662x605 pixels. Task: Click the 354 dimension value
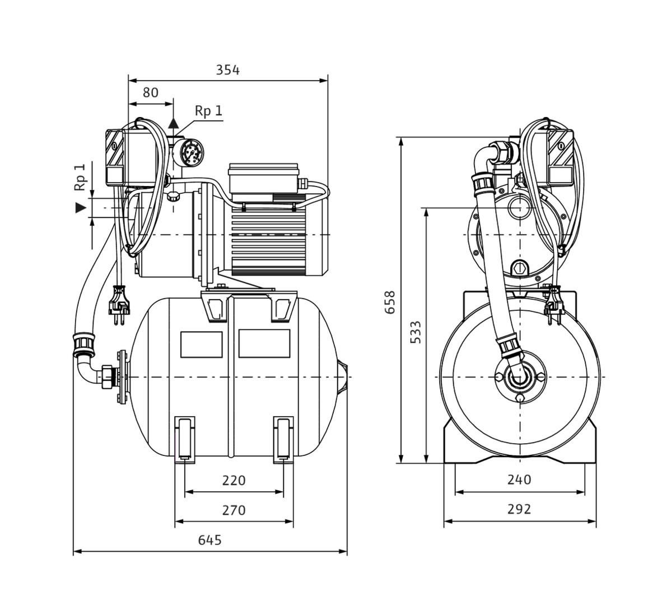tap(227, 70)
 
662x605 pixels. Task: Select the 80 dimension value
tap(150, 93)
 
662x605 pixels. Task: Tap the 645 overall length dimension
tap(210, 540)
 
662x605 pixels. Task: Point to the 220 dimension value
tap(234, 481)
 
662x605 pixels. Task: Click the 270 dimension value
tap(234, 510)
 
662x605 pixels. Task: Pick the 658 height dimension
tap(390, 302)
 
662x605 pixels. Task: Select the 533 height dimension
tap(416, 332)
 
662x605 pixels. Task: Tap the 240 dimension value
tap(519, 480)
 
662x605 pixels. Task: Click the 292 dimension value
tap(519, 509)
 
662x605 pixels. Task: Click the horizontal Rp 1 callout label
tap(208, 111)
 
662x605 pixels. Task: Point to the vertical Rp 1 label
tap(81, 177)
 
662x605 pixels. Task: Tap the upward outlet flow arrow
tap(174, 123)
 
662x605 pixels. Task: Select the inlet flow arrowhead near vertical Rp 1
tap(82, 208)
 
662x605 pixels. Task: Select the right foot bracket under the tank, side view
tap(283, 439)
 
